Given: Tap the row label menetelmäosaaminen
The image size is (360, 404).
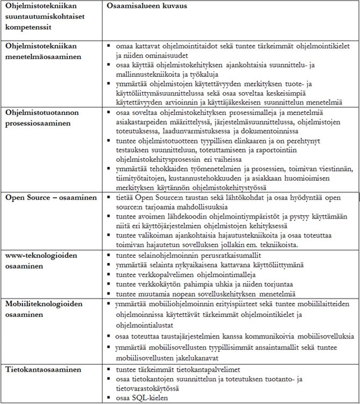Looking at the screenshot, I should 43,57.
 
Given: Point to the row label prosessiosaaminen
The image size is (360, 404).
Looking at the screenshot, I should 38,123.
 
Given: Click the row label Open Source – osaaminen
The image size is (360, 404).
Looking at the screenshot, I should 51,198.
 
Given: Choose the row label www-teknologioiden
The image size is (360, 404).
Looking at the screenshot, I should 41,255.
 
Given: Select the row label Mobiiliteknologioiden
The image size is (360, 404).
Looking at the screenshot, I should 44,304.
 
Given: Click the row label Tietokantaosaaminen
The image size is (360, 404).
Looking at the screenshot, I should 43,370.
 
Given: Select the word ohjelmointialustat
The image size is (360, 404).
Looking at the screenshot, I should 145,325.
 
